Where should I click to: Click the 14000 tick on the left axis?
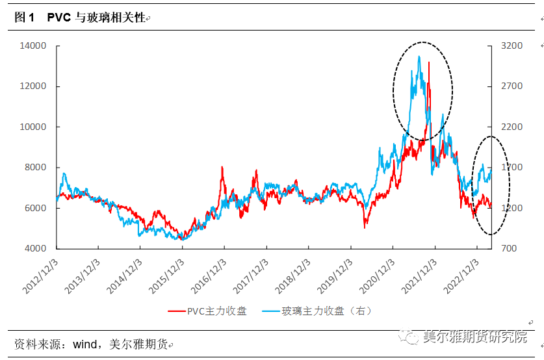pyautogui.click(x=33, y=46)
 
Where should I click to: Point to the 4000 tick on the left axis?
pyautogui.click(x=36, y=248)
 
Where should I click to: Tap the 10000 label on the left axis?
pyautogui.click(x=33, y=127)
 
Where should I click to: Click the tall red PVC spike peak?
pyautogui.click(x=428, y=63)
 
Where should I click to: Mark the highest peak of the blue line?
pyautogui.click(x=419, y=57)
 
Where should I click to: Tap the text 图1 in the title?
pyautogui.click(x=24, y=19)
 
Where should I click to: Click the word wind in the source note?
pyautogui.click(x=84, y=344)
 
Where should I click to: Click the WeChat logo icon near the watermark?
pyautogui.click(x=409, y=337)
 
